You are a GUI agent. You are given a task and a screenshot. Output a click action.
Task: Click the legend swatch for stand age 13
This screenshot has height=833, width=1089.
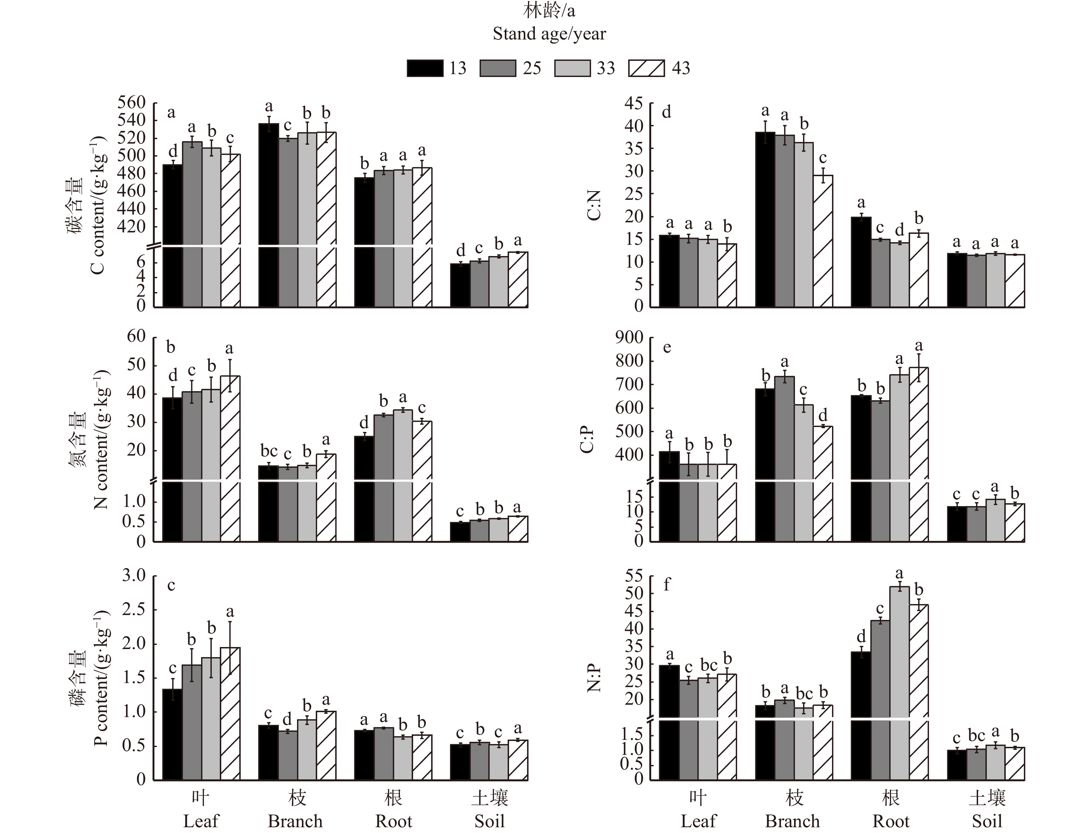(425, 68)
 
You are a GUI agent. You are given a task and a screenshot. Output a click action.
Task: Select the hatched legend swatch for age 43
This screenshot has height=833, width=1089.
(646, 68)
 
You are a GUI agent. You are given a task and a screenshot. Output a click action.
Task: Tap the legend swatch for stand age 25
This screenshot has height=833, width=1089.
(498, 68)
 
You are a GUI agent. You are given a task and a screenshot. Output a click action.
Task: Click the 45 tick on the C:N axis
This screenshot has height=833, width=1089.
(634, 103)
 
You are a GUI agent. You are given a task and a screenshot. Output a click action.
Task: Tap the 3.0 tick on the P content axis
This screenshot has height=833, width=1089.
(134, 576)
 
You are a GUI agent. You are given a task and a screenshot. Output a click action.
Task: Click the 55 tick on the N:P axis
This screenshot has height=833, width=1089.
(634, 576)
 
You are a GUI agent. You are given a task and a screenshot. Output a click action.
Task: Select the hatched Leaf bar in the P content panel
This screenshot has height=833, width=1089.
(230, 714)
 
